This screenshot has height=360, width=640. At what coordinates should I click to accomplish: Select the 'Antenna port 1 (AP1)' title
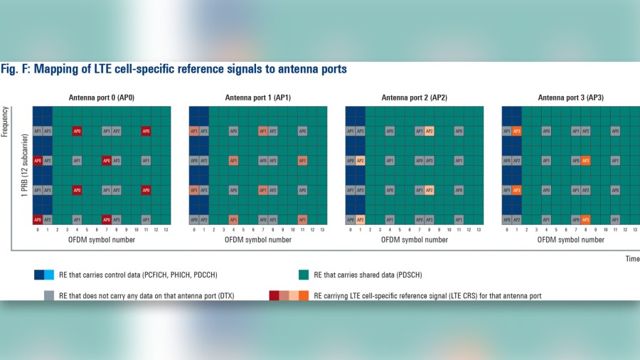point(258,97)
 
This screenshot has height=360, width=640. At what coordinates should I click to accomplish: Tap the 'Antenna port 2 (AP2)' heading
point(415,97)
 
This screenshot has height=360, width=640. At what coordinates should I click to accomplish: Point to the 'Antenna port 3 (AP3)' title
point(570,97)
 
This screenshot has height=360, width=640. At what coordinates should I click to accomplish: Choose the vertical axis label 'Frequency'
point(6,121)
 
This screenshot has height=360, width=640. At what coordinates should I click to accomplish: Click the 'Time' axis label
point(632,259)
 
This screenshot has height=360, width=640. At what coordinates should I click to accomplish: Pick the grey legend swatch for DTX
point(48,295)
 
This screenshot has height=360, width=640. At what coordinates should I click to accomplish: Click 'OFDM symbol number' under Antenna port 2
point(415,240)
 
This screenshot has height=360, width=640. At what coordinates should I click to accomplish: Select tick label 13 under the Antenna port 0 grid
point(166,230)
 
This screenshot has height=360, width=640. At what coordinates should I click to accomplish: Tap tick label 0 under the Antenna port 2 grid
point(351,230)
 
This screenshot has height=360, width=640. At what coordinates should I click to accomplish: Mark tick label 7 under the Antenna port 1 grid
point(263,230)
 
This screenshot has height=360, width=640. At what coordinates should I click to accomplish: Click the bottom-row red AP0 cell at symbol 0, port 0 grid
point(38,220)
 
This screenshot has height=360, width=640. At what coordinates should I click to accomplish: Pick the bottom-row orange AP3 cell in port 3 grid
point(585,220)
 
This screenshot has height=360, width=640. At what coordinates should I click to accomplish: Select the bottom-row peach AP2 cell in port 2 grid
point(361,220)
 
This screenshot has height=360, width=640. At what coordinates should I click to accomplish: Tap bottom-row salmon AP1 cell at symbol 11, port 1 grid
point(302,220)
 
